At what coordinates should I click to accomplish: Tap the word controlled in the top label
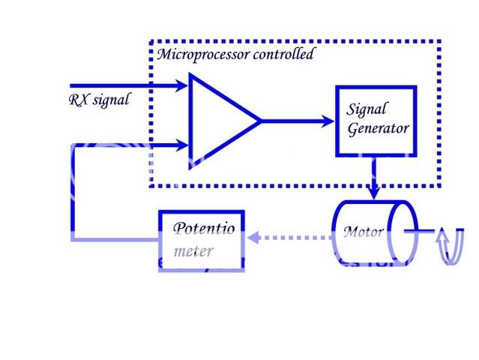[x=285, y=55]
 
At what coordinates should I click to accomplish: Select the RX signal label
[x=98, y=100]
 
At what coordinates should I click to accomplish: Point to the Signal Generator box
[x=374, y=120]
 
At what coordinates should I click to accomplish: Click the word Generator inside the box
[x=378, y=128]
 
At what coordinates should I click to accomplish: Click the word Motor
[x=363, y=232]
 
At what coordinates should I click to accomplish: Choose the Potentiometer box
[x=201, y=240]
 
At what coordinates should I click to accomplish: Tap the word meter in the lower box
[x=193, y=250]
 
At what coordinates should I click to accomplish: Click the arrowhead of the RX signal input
[x=181, y=86]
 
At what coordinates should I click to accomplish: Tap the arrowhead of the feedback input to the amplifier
[x=181, y=144]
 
